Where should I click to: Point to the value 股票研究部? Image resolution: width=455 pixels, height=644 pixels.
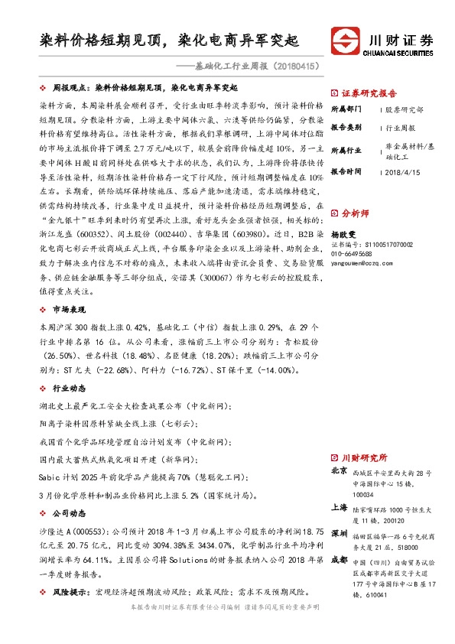click(x=405, y=109)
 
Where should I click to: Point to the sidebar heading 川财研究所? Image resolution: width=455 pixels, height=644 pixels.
click(x=365, y=457)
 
